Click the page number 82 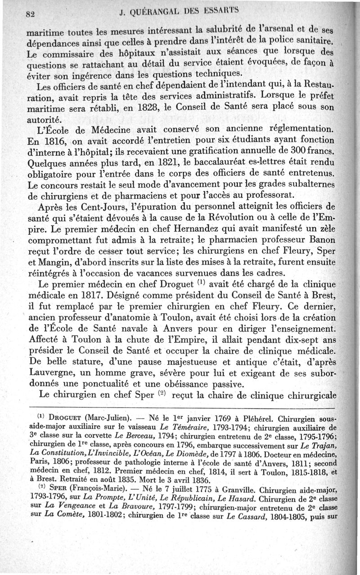(x=31, y=13)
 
